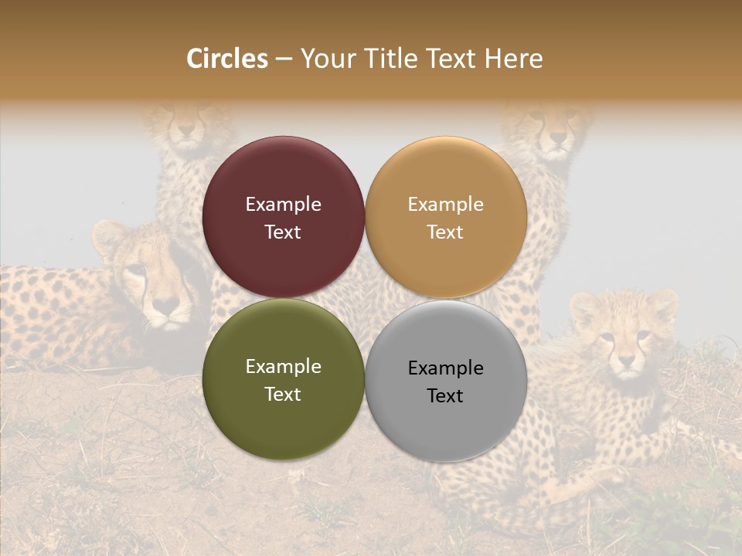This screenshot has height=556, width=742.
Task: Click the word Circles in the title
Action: (x=226, y=59)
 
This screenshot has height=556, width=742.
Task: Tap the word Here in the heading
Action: (x=513, y=59)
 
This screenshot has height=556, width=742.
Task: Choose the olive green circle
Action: (x=283, y=417)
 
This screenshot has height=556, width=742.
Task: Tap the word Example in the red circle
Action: (x=283, y=205)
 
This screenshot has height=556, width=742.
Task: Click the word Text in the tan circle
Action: (x=445, y=232)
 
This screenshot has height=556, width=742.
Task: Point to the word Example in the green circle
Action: (x=283, y=367)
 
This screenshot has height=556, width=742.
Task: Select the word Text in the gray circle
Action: (x=445, y=396)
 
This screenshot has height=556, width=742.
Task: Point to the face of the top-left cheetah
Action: (x=185, y=129)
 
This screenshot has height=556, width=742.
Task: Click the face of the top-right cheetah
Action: (x=554, y=129)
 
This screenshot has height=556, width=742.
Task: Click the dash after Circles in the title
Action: (x=284, y=59)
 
